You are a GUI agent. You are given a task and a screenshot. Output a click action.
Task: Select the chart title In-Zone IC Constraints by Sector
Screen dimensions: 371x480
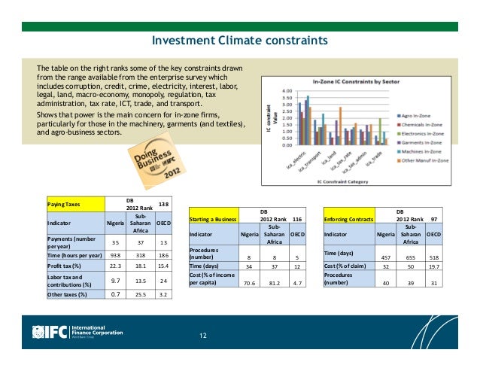pyautogui.click(x=358, y=82)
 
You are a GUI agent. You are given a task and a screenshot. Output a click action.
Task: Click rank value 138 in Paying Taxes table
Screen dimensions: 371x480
pyautogui.click(x=164, y=204)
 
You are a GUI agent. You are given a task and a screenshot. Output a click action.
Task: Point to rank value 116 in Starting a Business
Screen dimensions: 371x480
pyautogui.click(x=296, y=218)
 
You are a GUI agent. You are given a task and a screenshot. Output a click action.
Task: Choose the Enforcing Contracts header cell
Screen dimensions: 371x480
pyautogui.click(x=349, y=218)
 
